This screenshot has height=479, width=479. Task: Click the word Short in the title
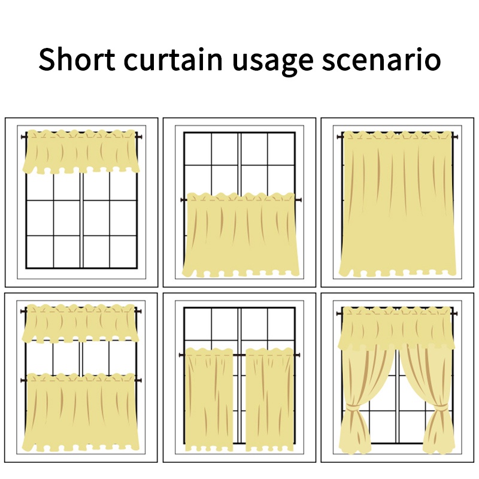click(77, 59)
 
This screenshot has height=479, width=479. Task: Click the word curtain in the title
click(173, 59)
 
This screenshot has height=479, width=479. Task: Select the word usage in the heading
click(273, 62)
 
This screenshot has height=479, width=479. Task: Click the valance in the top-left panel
click(81, 152)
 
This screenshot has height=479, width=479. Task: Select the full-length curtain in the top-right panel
click(398, 203)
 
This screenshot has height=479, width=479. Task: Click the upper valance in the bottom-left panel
click(80, 323)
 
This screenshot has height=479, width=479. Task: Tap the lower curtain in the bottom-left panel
click(81, 412)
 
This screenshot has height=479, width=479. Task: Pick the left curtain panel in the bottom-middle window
click(208, 399)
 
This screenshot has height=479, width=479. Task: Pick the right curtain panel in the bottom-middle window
click(269, 399)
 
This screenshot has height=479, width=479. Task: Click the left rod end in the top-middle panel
click(184, 200)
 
